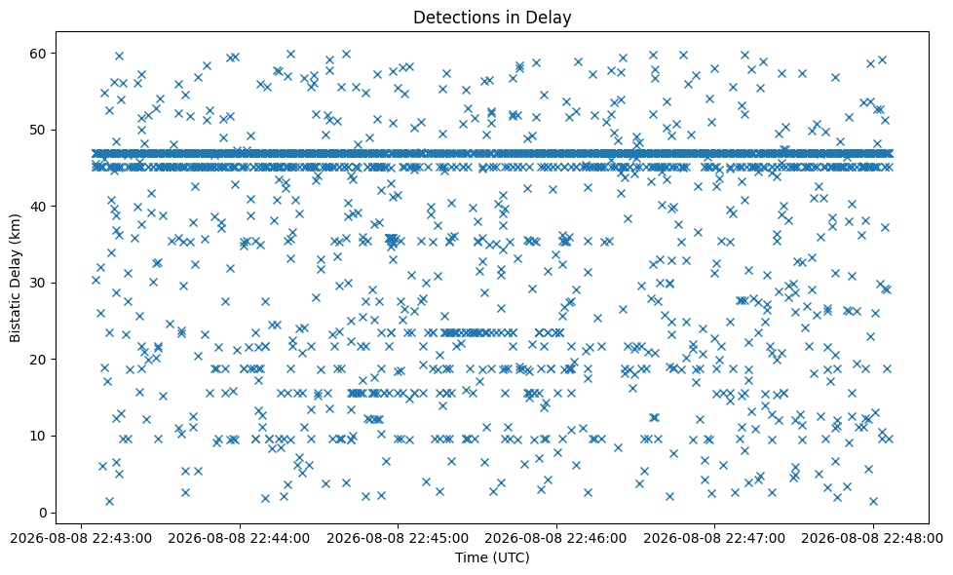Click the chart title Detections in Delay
(x=492, y=18)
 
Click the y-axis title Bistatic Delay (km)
(x=16, y=278)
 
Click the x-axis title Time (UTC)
(x=492, y=557)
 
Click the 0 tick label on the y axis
(x=44, y=513)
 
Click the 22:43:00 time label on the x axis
(x=81, y=539)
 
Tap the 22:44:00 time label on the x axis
(x=240, y=539)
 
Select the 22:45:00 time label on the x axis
(x=398, y=539)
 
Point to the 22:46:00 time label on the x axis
(x=556, y=539)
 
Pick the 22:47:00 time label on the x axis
(x=714, y=539)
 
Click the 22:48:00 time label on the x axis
(x=873, y=539)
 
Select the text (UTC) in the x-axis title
(x=511, y=557)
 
